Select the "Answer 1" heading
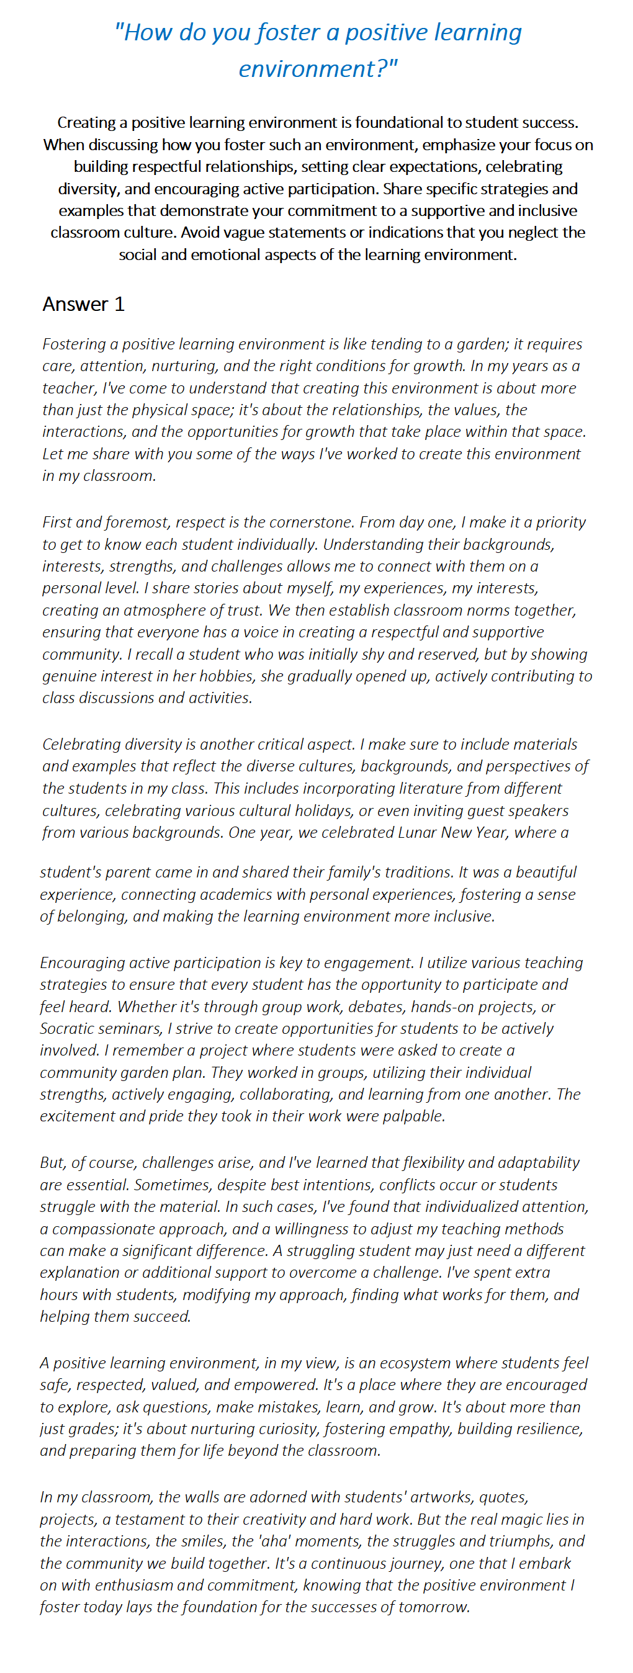(83, 304)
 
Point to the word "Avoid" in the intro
(201, 232)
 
